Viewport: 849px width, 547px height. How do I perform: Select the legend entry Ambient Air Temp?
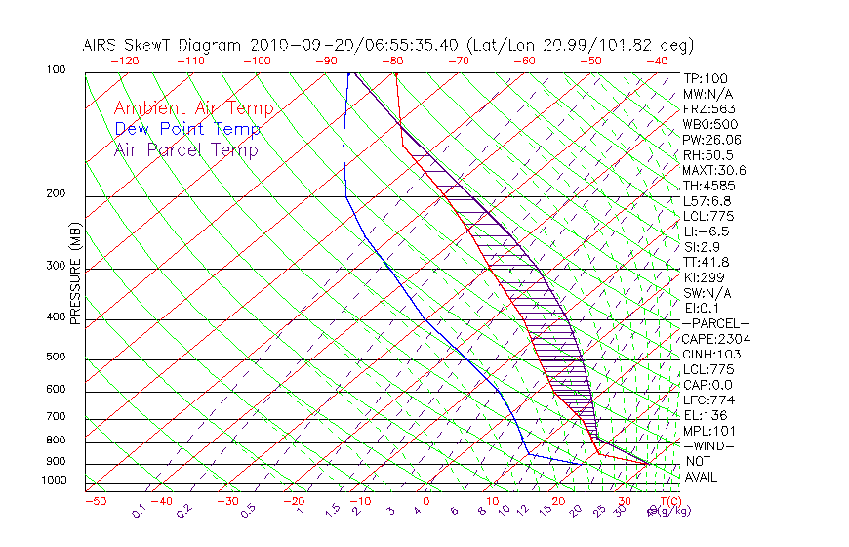[193, 109]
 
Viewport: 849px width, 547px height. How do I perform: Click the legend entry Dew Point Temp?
[187, 130]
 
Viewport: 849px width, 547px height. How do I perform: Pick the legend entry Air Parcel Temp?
[186, 150]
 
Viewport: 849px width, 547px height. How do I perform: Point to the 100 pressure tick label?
[55, 70]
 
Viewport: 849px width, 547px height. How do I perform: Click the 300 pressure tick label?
[55, 266]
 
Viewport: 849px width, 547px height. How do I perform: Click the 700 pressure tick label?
[55, 417]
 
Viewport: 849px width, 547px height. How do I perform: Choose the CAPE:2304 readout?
[715, 339]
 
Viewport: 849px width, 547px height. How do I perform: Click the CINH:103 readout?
[711, 355]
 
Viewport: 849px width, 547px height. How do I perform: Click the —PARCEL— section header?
[715, 323]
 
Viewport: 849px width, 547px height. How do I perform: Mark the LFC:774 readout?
[708, 400]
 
